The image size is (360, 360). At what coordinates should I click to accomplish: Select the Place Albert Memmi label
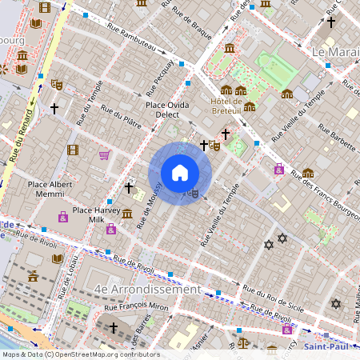coord(50,189)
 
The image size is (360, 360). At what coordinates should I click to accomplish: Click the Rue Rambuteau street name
coord(122,39)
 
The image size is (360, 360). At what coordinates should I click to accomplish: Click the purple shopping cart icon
coord(104,155)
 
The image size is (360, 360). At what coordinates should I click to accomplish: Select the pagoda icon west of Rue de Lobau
coord(33,277)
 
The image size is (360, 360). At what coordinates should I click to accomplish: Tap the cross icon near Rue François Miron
coord(114,328)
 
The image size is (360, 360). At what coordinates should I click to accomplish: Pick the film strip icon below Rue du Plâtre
coord(73,150)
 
